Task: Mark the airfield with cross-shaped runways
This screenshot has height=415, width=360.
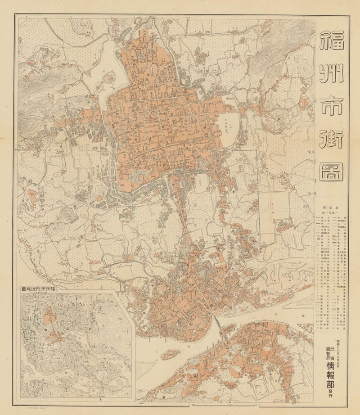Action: click(x=275, y=207)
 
